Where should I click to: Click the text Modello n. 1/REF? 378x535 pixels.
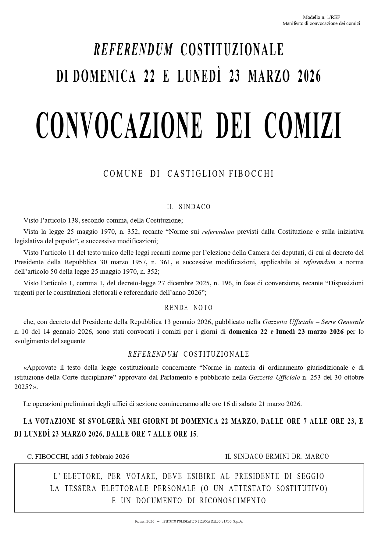(321, 17)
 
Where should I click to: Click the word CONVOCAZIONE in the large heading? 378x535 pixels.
(119, 125)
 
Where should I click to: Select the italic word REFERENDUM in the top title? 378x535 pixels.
(133, 50)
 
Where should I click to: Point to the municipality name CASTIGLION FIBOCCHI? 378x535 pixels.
(221, 174)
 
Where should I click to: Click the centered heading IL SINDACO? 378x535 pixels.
(189, 207)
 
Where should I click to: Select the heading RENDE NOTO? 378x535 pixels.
(189, 308)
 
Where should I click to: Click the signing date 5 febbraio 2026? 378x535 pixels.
(107, 457)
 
